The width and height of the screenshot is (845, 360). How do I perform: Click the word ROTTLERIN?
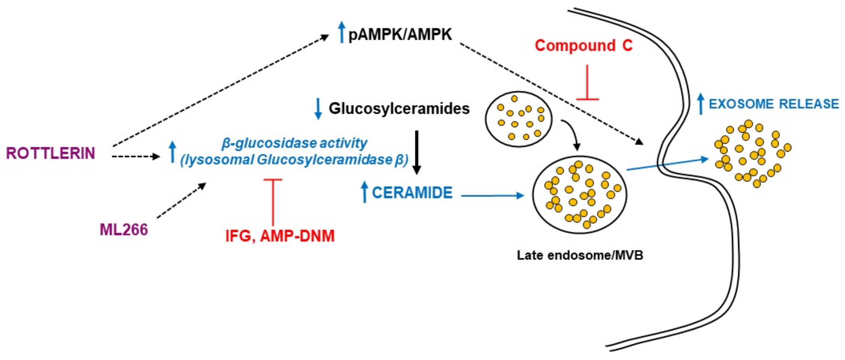pos(51,153)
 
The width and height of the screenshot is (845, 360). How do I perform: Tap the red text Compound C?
pos(584,45)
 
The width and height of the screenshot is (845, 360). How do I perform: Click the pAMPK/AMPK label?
pos(400,34)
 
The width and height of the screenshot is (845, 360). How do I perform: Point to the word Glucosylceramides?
pos(399,109)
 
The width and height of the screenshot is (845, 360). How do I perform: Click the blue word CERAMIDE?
pos(412,193)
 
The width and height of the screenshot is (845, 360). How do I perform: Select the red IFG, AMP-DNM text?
pos(280,236)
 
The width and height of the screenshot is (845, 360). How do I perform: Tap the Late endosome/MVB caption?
pos(580,255)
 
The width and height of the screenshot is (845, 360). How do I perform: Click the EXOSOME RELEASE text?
pos(773,104)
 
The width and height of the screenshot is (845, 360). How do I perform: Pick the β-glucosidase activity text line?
pos(294,143)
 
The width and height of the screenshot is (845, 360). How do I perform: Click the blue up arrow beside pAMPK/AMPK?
pos(341,32)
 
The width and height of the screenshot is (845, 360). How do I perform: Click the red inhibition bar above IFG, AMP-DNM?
pos(272,200)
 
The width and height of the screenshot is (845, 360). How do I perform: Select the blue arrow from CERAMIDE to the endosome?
pos(492,196)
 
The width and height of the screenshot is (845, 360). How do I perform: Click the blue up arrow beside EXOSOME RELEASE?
pos(701,104)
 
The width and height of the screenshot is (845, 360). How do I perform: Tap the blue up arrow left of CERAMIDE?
pos(364,192)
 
